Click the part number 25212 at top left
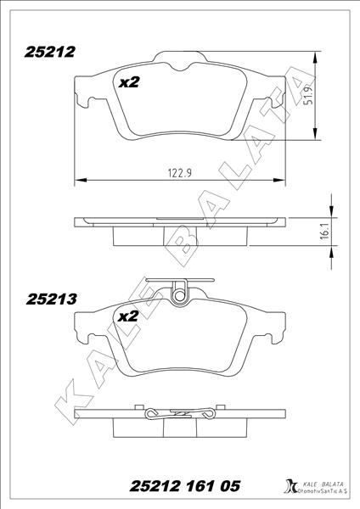click(50, 52)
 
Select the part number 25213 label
click(53, 299)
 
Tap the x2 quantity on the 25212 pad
click(128, 81)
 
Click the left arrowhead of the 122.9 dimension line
click(80, 179)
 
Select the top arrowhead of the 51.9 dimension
click(317, 57)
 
